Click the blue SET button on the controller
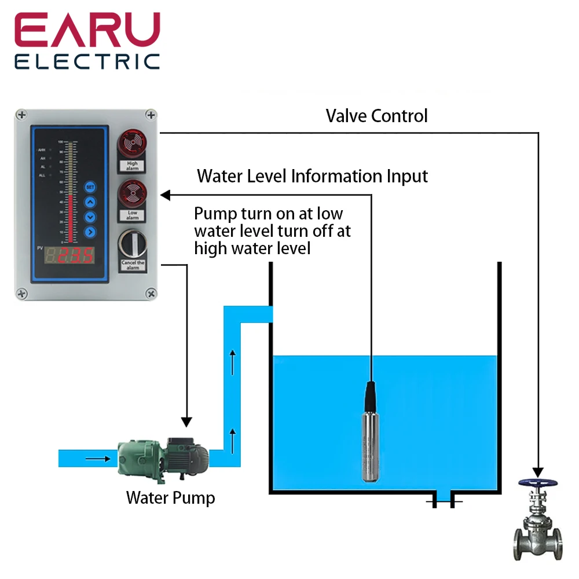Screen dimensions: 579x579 [90, 187]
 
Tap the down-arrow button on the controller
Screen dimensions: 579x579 [90, 217]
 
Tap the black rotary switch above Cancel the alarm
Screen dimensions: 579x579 [132, 244]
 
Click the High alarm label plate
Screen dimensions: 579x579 [133, 166]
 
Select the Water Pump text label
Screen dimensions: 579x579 [170, 497]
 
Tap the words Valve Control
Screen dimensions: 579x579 [376, 116]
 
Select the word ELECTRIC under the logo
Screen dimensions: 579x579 [87, 61]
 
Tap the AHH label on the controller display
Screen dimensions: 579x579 [42, 150]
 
